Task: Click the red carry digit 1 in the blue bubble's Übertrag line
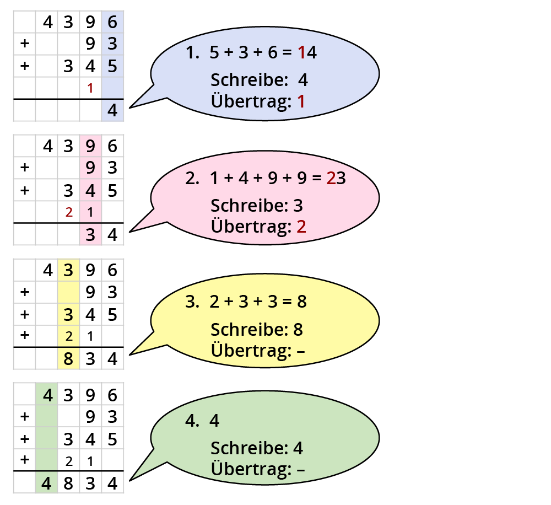[x=301, y=101]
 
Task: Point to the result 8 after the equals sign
[x=301, y=302]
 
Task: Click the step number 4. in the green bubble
[x=192, y=421]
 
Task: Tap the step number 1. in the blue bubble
[x=192, y=53]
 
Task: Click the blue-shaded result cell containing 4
[x=112, y=110]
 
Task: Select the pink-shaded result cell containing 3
[x=90, y=235]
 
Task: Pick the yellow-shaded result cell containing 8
[x=68, y=359]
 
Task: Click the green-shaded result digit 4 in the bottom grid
[x=46, y=483]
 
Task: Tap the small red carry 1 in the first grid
[x=90, y=88]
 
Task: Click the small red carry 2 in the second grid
[x=68, y=212]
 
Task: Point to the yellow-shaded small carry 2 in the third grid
[x=68, y=336]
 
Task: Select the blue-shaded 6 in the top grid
[x=112, y=22]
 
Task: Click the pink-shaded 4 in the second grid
[x=90, y=191]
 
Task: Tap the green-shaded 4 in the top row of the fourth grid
[x=46, y=395]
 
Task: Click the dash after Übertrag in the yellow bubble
[x=300, y=351]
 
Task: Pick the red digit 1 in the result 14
[x=301, y=53]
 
